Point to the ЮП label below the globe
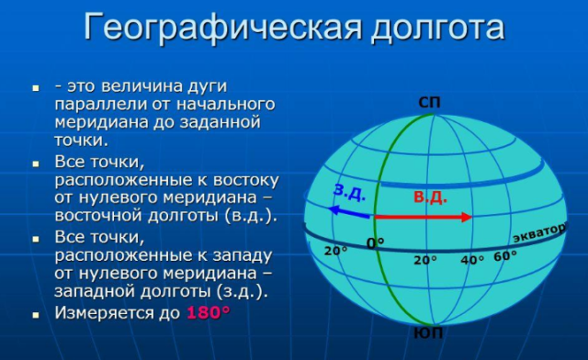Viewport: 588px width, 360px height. (x=429, y=333)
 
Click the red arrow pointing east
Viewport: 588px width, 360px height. (x=423, y=218)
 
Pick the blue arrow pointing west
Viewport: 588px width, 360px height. (x=350, y=212)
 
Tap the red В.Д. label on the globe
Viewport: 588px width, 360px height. (x=430, y=197)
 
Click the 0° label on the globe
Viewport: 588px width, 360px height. (x=376, y=243)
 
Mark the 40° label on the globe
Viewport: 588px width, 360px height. (x=473, y=260)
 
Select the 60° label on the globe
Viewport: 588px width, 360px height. (x=505, y=255)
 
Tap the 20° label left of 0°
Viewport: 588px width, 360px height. (x=336, y=251)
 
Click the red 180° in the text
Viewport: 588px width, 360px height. (x=208, y=312)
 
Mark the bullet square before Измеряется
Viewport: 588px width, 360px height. (x=36, y=314)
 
